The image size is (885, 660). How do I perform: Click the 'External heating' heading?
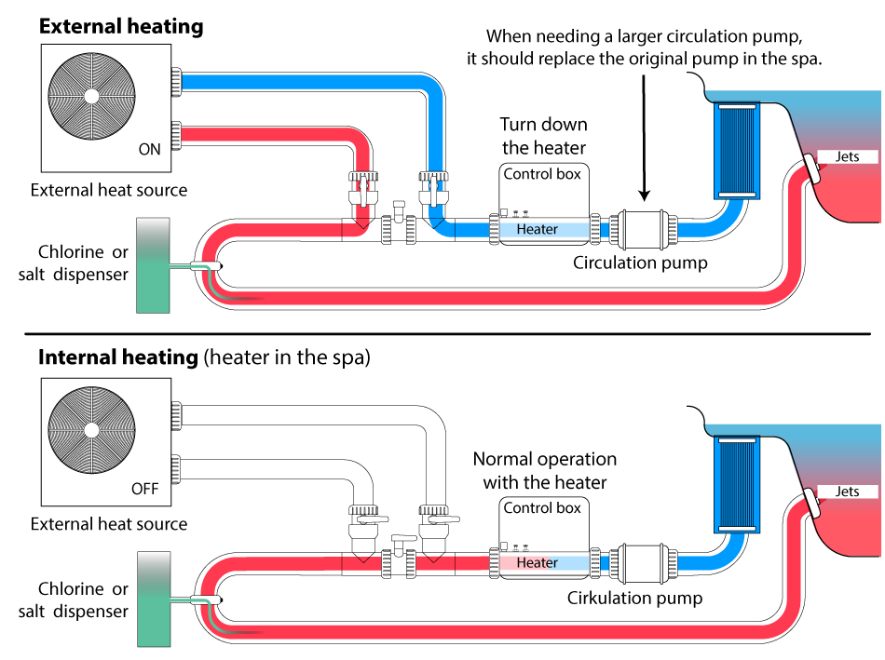click(121, 26)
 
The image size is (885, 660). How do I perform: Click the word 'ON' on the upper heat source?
click(149, 149)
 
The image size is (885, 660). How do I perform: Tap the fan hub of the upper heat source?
click(91, 96)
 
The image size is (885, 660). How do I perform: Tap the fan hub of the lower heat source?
click(91, 429)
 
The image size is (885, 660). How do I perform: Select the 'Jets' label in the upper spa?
click(847, 157)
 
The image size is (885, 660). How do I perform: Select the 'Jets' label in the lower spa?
click(847, 492)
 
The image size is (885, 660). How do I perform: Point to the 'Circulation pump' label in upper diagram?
click(640, 263)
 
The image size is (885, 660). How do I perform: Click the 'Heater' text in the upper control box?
click(538, 229)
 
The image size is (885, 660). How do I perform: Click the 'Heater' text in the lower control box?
click(538, 562)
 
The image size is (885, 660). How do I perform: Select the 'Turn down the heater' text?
click(544, 136)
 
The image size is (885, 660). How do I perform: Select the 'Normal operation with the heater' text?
click(544, 470)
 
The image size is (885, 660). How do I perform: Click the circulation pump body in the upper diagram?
click(643, 228)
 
